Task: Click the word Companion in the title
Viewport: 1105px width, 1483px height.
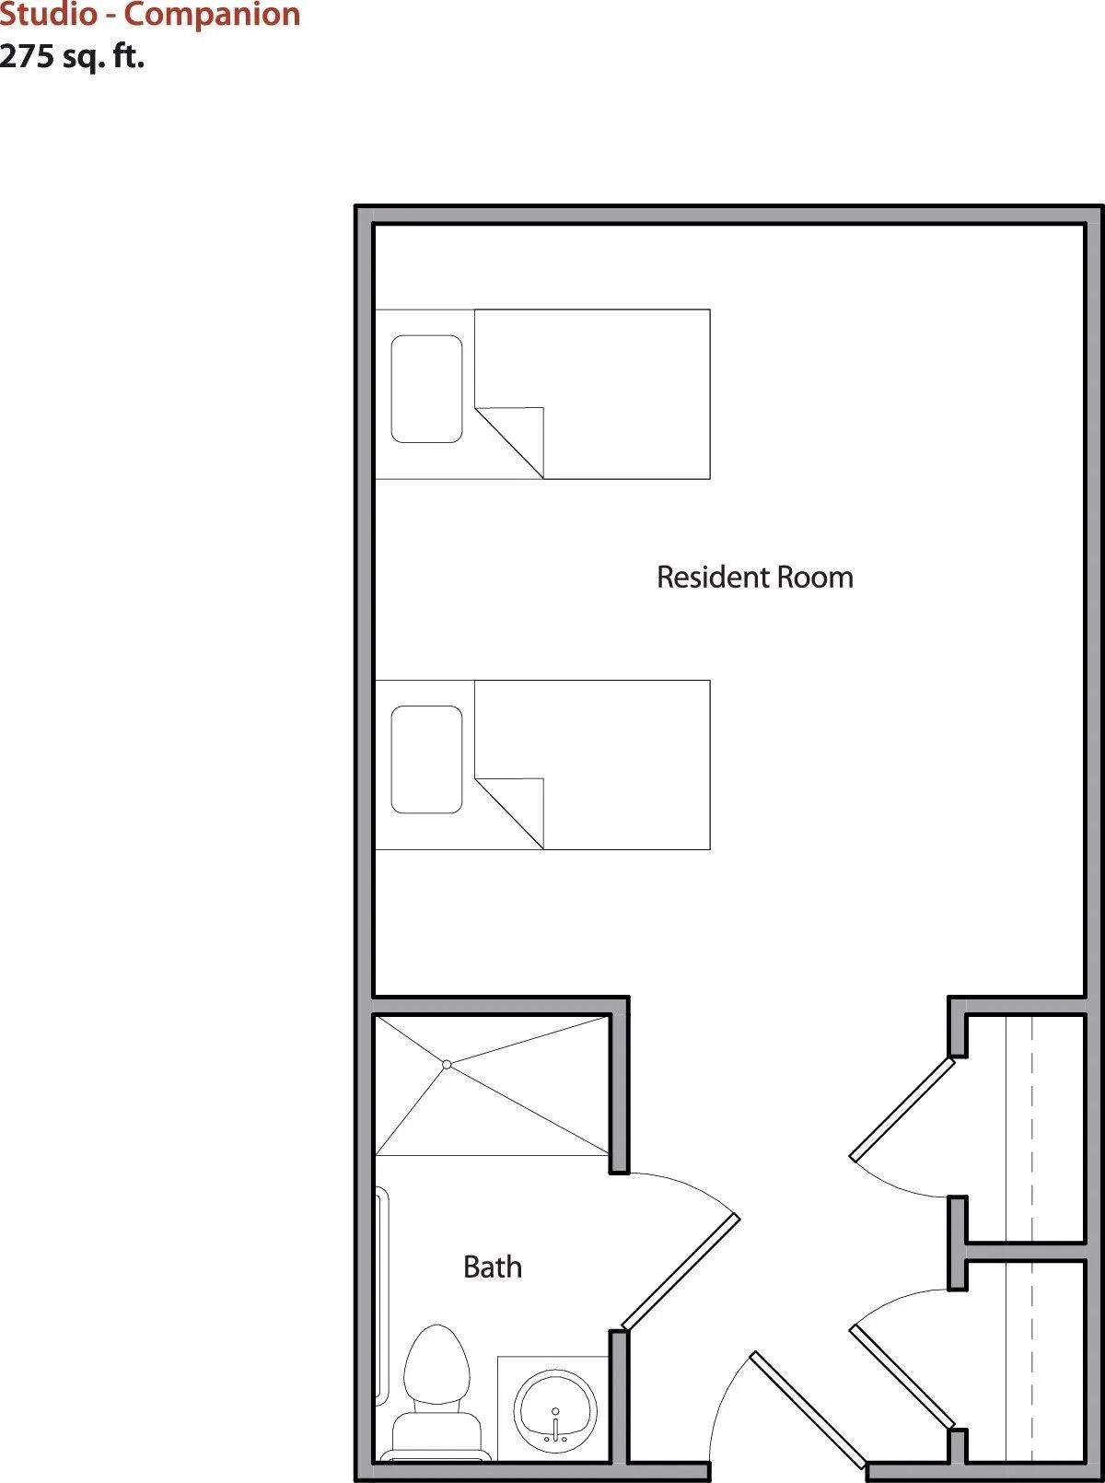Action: pos(212,16)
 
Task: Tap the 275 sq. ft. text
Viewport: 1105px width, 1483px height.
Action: pos(72,56)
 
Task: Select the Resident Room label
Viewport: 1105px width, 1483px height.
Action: pos(755,578)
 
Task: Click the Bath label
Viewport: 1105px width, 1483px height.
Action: pos(493,1267)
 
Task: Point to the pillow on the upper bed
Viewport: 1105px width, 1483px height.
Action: pos(427,389)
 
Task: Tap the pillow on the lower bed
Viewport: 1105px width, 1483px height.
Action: pos(427,760)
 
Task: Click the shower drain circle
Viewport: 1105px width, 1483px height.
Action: pos(447,1065)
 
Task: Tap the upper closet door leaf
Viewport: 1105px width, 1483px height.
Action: pos(902,1109)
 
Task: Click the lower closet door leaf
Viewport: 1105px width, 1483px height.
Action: pos(902,1377)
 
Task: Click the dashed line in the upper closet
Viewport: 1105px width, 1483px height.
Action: pos(1032,1127)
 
